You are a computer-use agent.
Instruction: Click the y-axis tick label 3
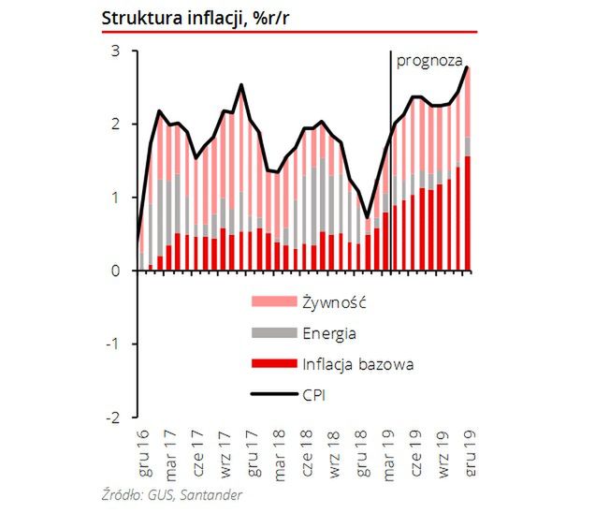(116, 51)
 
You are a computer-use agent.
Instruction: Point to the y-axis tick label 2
(116, 125)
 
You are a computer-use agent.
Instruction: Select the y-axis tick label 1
(116, 198)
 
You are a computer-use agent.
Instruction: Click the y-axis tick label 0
(116, 271)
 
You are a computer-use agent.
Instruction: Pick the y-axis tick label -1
(113, 344)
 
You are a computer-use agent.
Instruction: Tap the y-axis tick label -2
(113, 418)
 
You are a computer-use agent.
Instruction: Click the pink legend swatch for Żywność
(275, 301)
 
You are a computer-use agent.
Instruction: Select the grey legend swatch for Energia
(275, 332)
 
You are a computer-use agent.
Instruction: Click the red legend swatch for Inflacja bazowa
(275, 363)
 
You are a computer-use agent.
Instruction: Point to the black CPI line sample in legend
(275, 395)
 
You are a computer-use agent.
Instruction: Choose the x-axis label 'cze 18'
(308, 453)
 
